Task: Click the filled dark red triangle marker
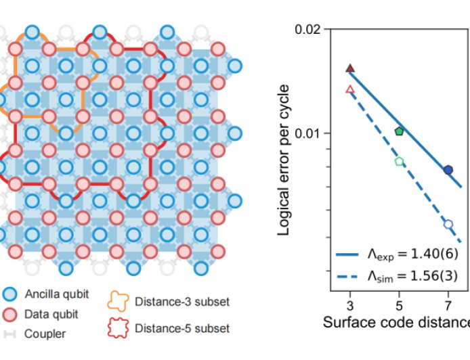tap(350, 68)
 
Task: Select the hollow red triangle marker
tap(350, 89)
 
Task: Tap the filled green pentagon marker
tap(399, 131)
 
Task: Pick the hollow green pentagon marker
tap(399, 161)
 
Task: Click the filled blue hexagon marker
tap(448, 169)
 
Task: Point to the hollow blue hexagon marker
tap(448, 223)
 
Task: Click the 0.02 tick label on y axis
tap(307, 30)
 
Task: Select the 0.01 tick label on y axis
tap(307, 133)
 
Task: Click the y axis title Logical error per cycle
tap(285, 160)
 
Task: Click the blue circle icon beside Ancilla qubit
tap(10, 294)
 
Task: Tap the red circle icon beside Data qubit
tap(10, 314)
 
